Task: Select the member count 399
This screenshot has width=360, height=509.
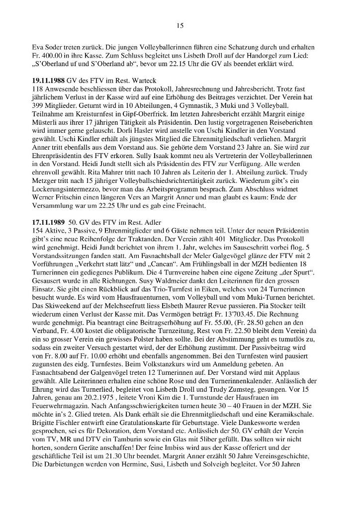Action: click(x=38, y=110)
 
